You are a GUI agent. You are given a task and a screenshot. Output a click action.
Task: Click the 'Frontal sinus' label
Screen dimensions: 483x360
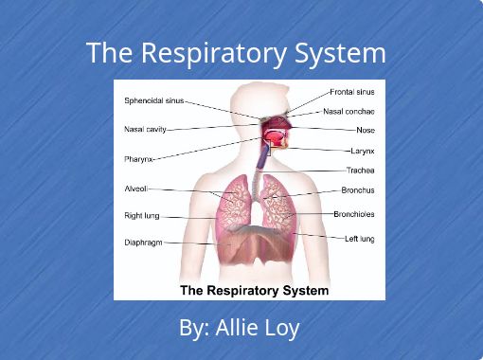pyautogui.click(x=352, y=92)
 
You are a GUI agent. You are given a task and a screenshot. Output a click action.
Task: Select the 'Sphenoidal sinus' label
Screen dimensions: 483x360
pyautogui.click(x=154, y=100)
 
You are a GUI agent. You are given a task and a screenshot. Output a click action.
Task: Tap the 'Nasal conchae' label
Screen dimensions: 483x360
pyautogui.click(x=349, y=112)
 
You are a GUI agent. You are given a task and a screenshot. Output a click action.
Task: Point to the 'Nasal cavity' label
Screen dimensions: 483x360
pyautogui.click(x=145, y=129)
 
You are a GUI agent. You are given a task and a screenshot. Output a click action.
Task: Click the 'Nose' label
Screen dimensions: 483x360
pyautogui.click(x=366, y=130)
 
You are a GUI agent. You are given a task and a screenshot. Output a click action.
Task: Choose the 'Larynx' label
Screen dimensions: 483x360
pyautogui.click(x=363, y=151)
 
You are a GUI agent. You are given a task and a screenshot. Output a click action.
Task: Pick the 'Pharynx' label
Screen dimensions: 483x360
pyautogui.click(x=138, y=159)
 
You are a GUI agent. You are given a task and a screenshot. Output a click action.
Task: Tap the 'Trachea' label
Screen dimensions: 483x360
pyautogui.click(x=361, y=171)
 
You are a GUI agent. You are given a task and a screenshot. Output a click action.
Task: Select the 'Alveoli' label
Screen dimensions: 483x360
pyautogui.click(x=136, y=189)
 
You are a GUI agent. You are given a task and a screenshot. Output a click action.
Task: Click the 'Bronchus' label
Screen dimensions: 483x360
pyautogui.click(x=358, y=190)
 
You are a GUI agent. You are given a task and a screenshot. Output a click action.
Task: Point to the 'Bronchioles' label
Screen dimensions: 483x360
pyautogui.click(x=354, y=214)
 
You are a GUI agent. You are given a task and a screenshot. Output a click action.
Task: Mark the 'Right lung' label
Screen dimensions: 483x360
pyautogui.click(x=142, y=216)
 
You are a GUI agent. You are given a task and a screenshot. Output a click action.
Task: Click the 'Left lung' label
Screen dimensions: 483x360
pyautogui.click(x=360, y=239)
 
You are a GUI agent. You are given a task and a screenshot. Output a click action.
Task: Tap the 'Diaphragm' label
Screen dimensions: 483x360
pyautogui.click(x=143, y=243)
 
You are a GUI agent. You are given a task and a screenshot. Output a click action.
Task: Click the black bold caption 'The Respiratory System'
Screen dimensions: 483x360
pyautogui.click(x=254, y=290)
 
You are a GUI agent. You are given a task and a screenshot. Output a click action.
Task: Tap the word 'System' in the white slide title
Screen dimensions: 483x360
pyautogui.click(x=340, y=53)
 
